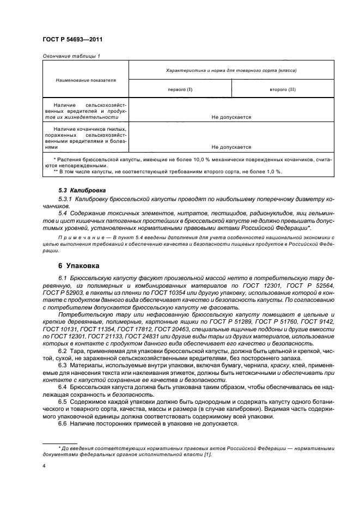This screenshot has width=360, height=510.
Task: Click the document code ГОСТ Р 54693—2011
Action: [x=72, y=40]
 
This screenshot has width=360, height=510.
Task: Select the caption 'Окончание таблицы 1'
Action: [x=71, y=56]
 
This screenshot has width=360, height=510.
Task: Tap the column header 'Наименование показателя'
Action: [x=86, y=80]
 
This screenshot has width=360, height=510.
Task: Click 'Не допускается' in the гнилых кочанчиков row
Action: [x=231, y=147]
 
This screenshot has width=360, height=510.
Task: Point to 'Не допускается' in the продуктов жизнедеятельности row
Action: [x=231, y=117]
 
